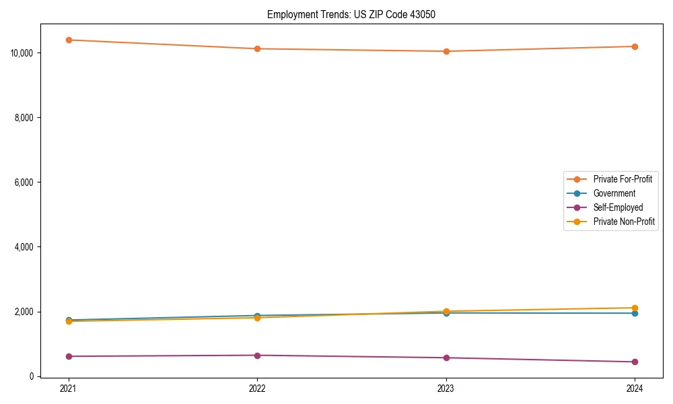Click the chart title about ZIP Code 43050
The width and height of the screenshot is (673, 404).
(351, 14)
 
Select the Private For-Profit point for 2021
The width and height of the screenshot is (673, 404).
(69, 40)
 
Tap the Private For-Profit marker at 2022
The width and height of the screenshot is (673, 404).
(257, 48)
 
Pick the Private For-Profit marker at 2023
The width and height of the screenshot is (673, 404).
(446, 51)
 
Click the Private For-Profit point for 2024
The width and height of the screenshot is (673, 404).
(635, 46)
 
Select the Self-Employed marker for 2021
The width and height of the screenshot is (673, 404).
(69, 356)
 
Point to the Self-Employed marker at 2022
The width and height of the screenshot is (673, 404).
(257, 355)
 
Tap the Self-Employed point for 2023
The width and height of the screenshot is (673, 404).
(446, 358)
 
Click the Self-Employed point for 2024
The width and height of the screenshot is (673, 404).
(635, 362)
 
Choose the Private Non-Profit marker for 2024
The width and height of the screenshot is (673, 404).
(635, 308)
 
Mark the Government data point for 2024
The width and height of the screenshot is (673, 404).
(635, 313)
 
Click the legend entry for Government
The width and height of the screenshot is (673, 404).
(614, 193)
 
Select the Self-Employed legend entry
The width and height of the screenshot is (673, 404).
(618, 207)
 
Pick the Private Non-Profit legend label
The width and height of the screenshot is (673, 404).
(624, 222)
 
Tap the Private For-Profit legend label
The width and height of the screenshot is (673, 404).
(623, 179)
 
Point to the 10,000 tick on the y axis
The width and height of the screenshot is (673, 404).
(23, 53)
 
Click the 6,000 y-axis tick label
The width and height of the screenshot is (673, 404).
(25, 182)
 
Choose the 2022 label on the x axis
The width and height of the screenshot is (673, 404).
(257, 389)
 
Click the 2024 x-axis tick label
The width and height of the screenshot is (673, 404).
(635, 389)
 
